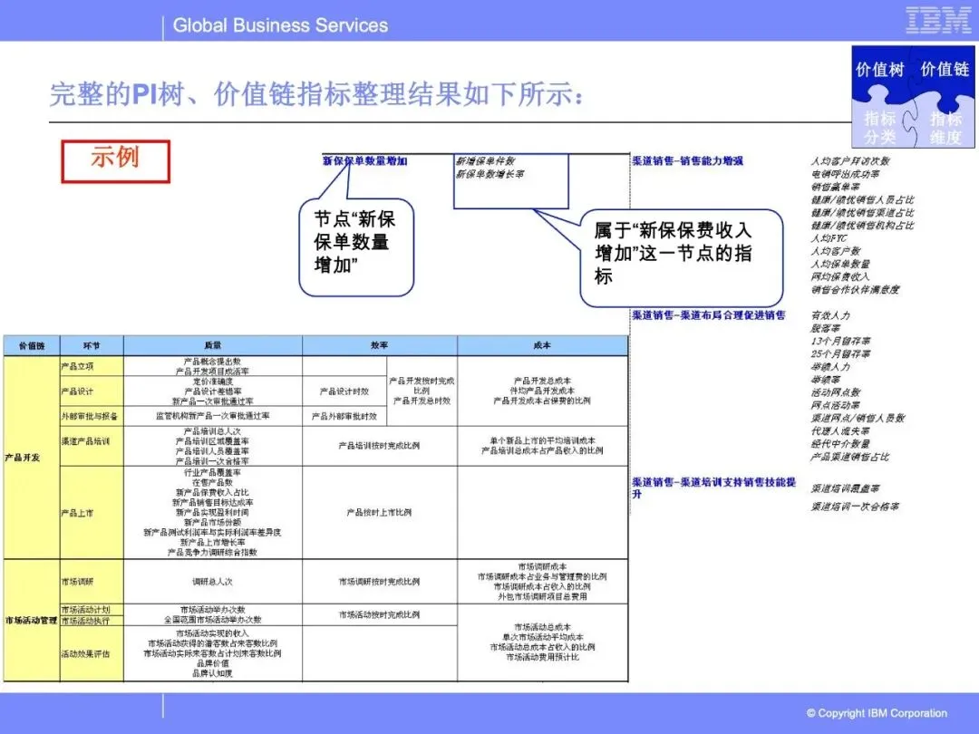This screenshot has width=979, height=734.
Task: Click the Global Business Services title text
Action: coord(280,25)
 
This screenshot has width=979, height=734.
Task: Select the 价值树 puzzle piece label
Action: coord(879,70)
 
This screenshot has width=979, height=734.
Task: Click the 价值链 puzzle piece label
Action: coord(945,70)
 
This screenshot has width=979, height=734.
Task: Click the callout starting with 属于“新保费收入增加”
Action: coord(680,253)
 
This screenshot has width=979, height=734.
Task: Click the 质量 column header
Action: coord(213,345)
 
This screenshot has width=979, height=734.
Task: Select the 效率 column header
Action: coord(379,345)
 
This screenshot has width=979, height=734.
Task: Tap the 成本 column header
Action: coord(542,345)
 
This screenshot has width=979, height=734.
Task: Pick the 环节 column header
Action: coord(91,345)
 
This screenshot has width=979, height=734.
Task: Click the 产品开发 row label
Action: coord(23,458)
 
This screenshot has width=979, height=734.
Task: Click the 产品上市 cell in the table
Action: coord(77,513)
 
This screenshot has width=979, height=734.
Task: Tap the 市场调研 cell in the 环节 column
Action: coord(77,582)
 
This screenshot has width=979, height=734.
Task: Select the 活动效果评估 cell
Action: coord(85,653)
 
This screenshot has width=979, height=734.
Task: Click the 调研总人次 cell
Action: coord(213,582)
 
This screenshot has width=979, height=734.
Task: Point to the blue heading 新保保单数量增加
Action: coord(365,160)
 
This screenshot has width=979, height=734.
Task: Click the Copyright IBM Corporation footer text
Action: coord(877,713)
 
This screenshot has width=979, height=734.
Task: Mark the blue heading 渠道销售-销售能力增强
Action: coord(687,160)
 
